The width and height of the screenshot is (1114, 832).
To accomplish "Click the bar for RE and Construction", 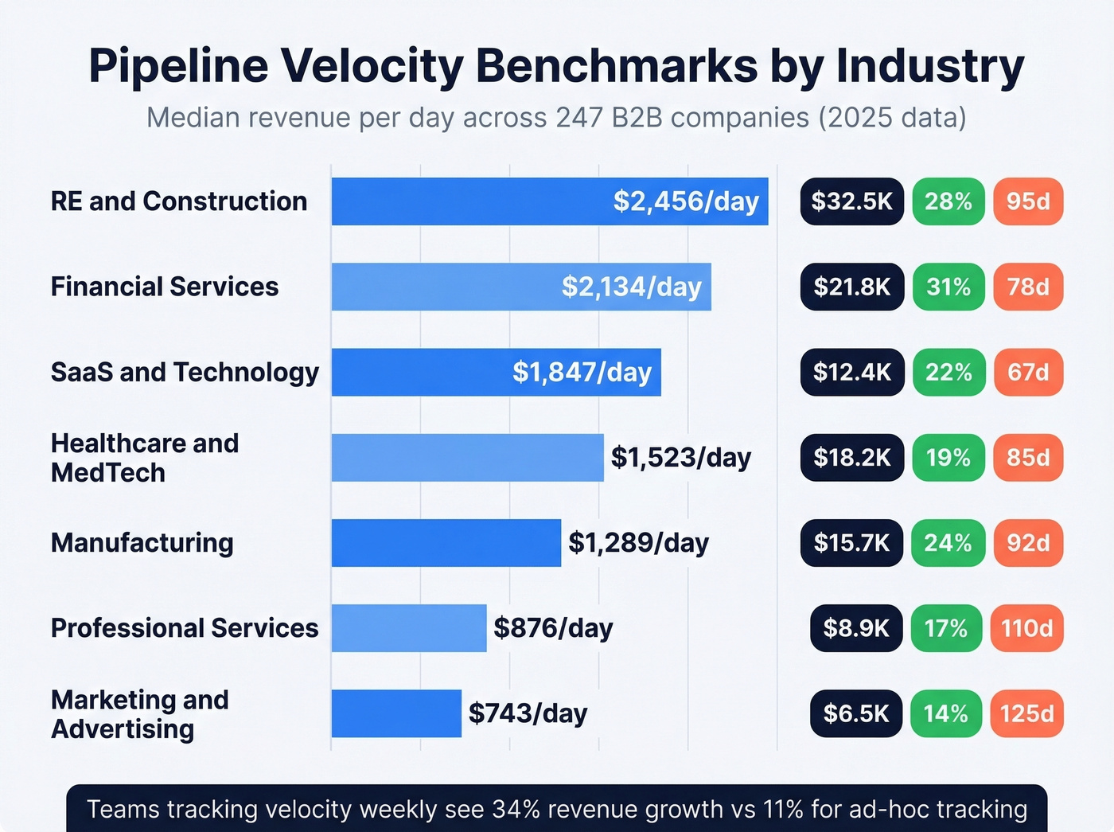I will pyautogui.click(x=549, y=201).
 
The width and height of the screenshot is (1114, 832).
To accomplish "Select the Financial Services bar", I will pyautogui.click(x=521, y=287).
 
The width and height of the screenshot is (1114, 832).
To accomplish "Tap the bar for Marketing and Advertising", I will pyautogui.click(x=396, y=713).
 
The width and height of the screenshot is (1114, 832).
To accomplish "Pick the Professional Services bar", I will pyautogui.click(x=409, y=628).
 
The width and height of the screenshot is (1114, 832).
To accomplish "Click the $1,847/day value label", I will pyautogui.click(x=582, y=372).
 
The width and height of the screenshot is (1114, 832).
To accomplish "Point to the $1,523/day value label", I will pyautogui.click(x=680, y=458).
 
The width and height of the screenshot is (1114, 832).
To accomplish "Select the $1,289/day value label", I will pyautogui.click(x=638, y=543).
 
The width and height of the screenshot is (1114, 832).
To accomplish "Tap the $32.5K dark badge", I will pyautogui.click(x=851, y=201).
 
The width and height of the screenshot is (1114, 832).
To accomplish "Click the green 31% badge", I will pyautogui.click(x=948, y=287).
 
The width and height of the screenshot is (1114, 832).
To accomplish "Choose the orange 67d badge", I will pyautogui.click(x=1028, y=372).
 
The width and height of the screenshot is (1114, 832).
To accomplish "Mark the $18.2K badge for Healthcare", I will pyautogui.click(x=851, y=458).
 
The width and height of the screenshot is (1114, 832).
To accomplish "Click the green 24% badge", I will pyautogui.click(x=948, y=543).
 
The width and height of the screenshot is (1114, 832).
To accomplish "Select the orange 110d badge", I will pyautogui.click(x=1026, y=628).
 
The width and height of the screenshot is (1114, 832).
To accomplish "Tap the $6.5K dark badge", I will pyautogui.click(x=856, y=713).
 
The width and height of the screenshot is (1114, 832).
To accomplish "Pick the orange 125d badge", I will pyautogui.click(x=1026, y=713).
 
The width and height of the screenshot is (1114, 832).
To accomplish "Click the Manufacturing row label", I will pyautogui.click(x=142, y=543).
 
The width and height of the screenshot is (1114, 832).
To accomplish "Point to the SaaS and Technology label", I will pyautogui.click(x=185, y=372).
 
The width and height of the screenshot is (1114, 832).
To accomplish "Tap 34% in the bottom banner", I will pyautogui.click(x=516, y=809).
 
